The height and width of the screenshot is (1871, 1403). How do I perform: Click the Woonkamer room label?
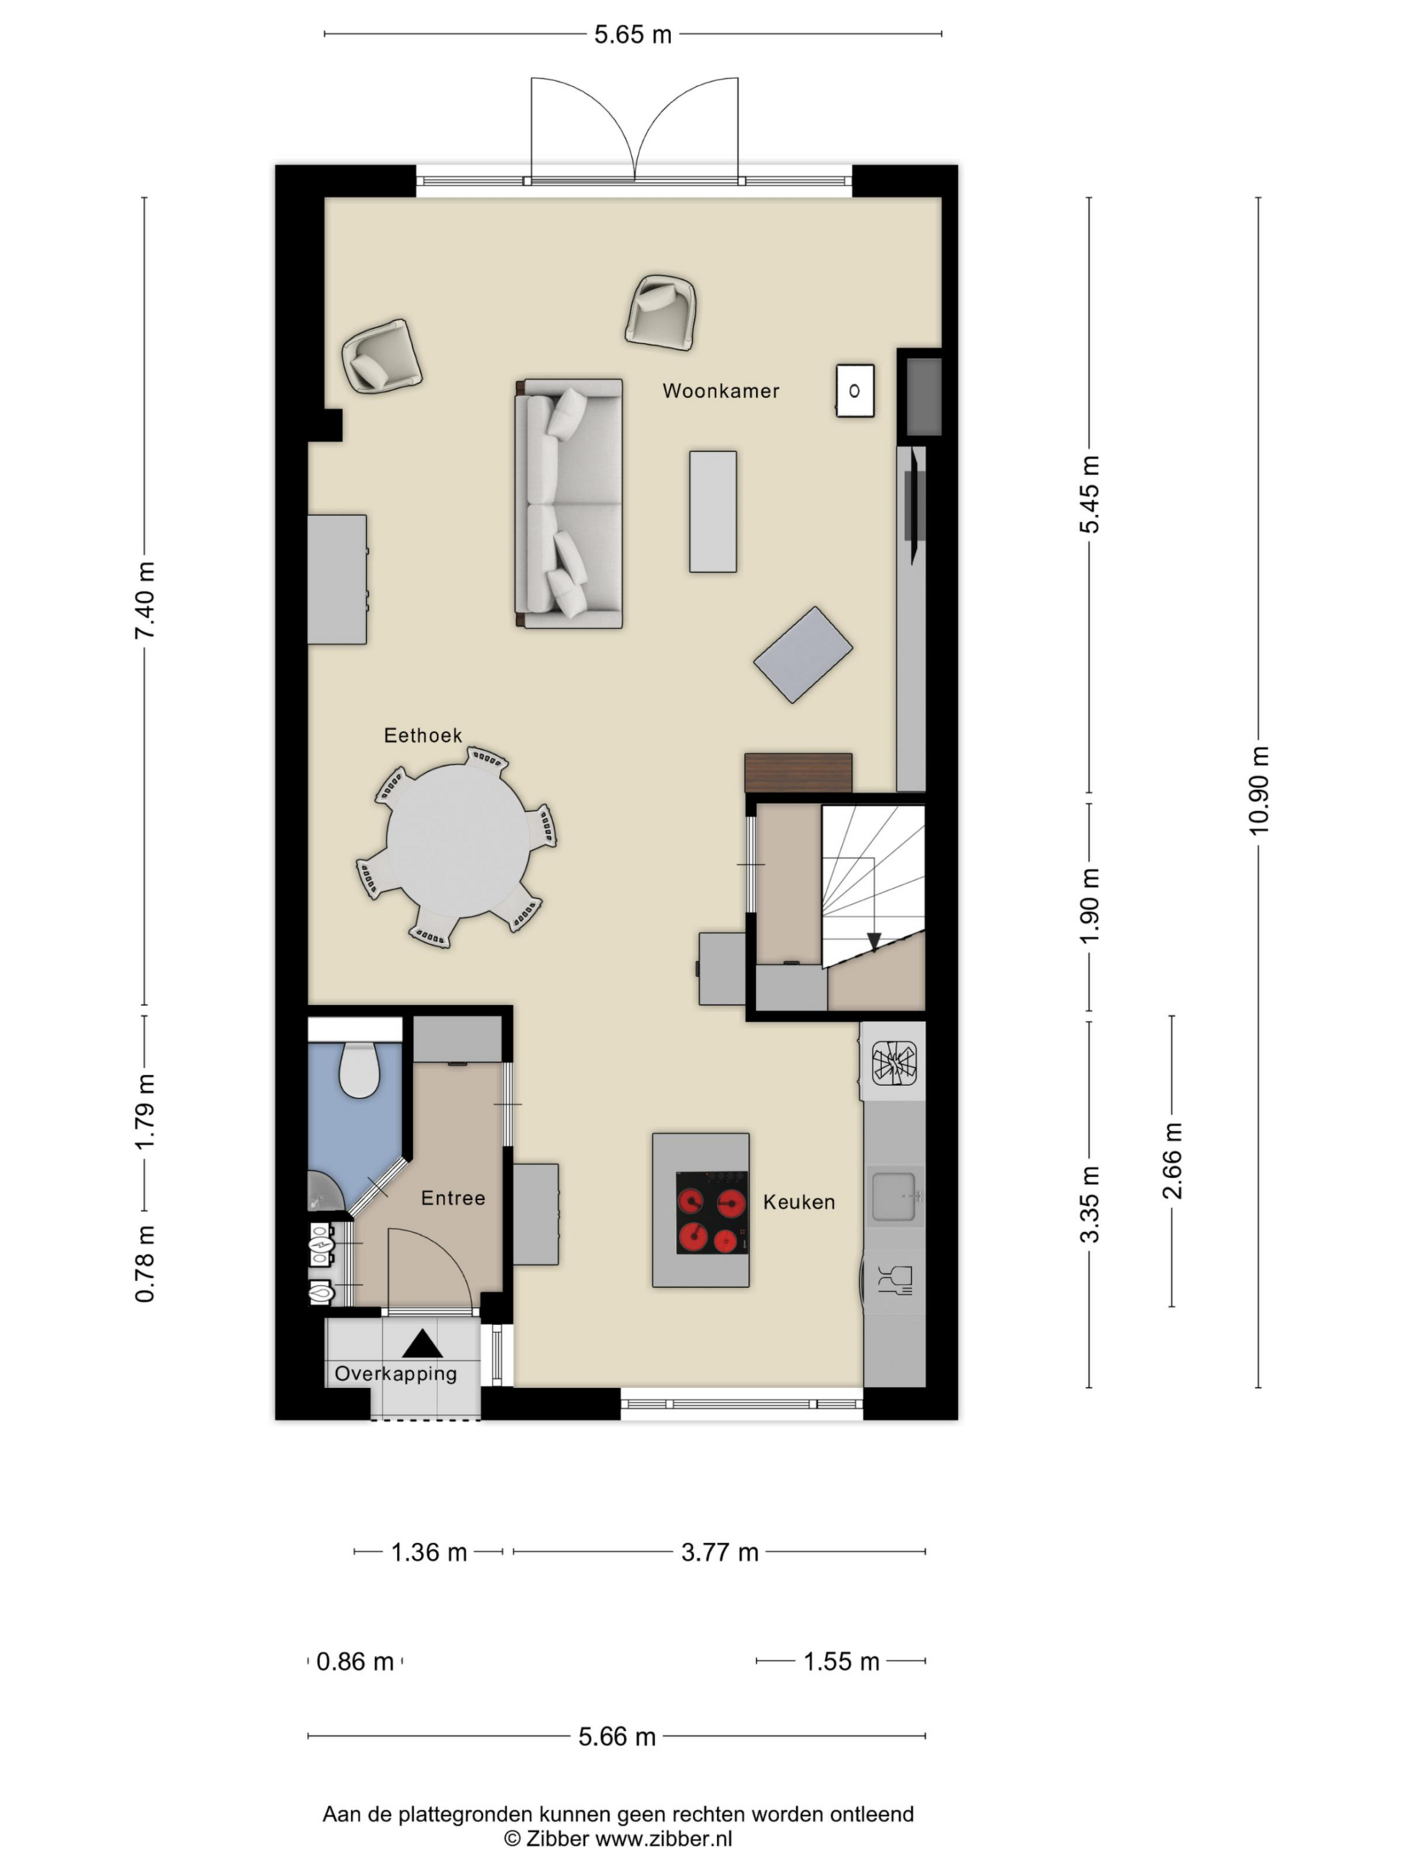tap(720, 391)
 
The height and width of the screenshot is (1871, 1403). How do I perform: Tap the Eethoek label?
tap(423, 735)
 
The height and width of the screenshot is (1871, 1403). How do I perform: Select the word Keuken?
tap(799, 1202)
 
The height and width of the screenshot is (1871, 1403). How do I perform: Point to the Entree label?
tap(453, 1198)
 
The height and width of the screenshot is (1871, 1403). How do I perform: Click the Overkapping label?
tap(396, 1373)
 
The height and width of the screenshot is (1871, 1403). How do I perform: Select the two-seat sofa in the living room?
tap(569, 504)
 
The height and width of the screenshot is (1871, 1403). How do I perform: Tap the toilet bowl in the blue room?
tap(359, 1071)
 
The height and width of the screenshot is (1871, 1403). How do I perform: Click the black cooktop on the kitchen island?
tap(712, 1212)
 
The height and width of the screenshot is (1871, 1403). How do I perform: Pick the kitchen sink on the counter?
tap(894, 1196)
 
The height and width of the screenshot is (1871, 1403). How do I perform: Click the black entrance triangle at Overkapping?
tap(422, 1343)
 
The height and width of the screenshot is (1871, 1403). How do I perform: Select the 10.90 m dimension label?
tap(1258, 790)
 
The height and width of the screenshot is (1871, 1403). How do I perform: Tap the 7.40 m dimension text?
tap(145, 601)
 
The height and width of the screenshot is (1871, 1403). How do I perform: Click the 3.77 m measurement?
tap(720, 1552)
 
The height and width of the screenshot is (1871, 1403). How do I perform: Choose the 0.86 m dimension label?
tap(355, 1661)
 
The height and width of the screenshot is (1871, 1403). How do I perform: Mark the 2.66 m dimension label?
tap(1172, 1161)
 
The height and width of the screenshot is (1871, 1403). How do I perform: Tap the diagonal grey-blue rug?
tap(802, 655)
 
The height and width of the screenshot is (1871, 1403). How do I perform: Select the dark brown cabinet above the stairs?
tap(799, 773)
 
